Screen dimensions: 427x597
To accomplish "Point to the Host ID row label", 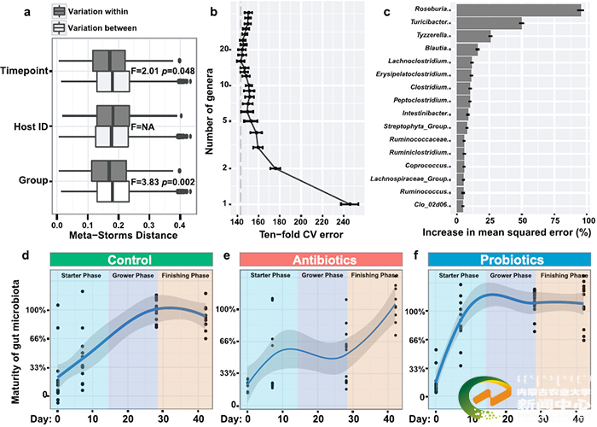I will [26, 127].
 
